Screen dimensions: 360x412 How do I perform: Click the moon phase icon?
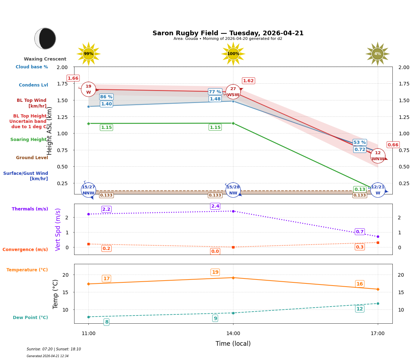(x=45, y=38)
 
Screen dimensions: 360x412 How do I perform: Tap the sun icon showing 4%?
(x=377, y=54)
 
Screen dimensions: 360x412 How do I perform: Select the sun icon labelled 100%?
(x=233, y=54)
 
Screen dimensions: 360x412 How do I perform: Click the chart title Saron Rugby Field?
(x=228, y=33)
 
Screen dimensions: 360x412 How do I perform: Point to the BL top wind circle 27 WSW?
(x=233, y=92)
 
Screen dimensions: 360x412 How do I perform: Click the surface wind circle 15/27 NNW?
(x=88, y=190)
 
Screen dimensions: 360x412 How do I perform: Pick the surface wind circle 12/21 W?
(x=378, y=190)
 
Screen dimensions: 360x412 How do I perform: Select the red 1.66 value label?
(x=73, y=78)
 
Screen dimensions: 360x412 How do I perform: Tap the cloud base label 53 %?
(x=360, y=142)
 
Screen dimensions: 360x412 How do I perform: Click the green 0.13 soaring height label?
(x=360, y=189)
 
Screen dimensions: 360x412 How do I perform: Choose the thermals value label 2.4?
(x=215, y=206)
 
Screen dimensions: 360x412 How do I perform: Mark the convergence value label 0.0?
(x=215, y=251)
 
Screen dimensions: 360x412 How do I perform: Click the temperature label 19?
(x=215, y=272)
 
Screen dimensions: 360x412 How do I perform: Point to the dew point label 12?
(x=360, y=309)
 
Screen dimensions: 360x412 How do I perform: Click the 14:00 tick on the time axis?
(x=233, y=334)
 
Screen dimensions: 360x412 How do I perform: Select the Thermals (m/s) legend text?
(x=30, y=209)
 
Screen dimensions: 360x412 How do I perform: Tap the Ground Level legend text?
(x=32, y=158)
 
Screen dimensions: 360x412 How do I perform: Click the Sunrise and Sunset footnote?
(x=54, y=349)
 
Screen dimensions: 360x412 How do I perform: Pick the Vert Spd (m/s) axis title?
(x=58, y=229)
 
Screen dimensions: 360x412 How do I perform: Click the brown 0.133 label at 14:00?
(x=215, y=195)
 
